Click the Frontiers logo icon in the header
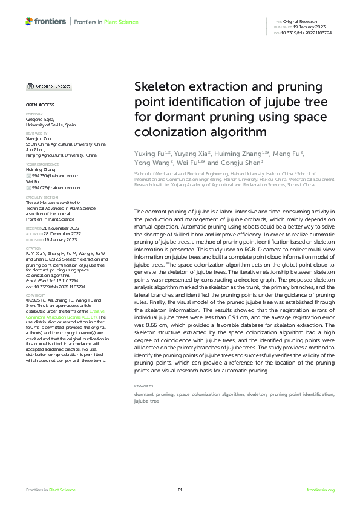click(29, 21)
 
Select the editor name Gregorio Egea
click(40, 119)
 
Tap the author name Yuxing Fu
click(147, 155)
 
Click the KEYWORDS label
click(143, 385)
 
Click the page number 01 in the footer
click(180, 490)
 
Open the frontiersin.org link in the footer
click(321, 490)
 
